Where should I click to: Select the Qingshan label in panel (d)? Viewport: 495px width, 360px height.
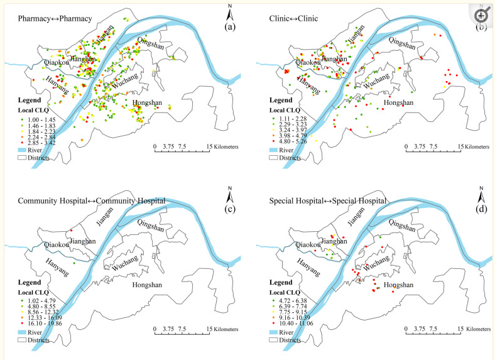(x=403, y=224)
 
